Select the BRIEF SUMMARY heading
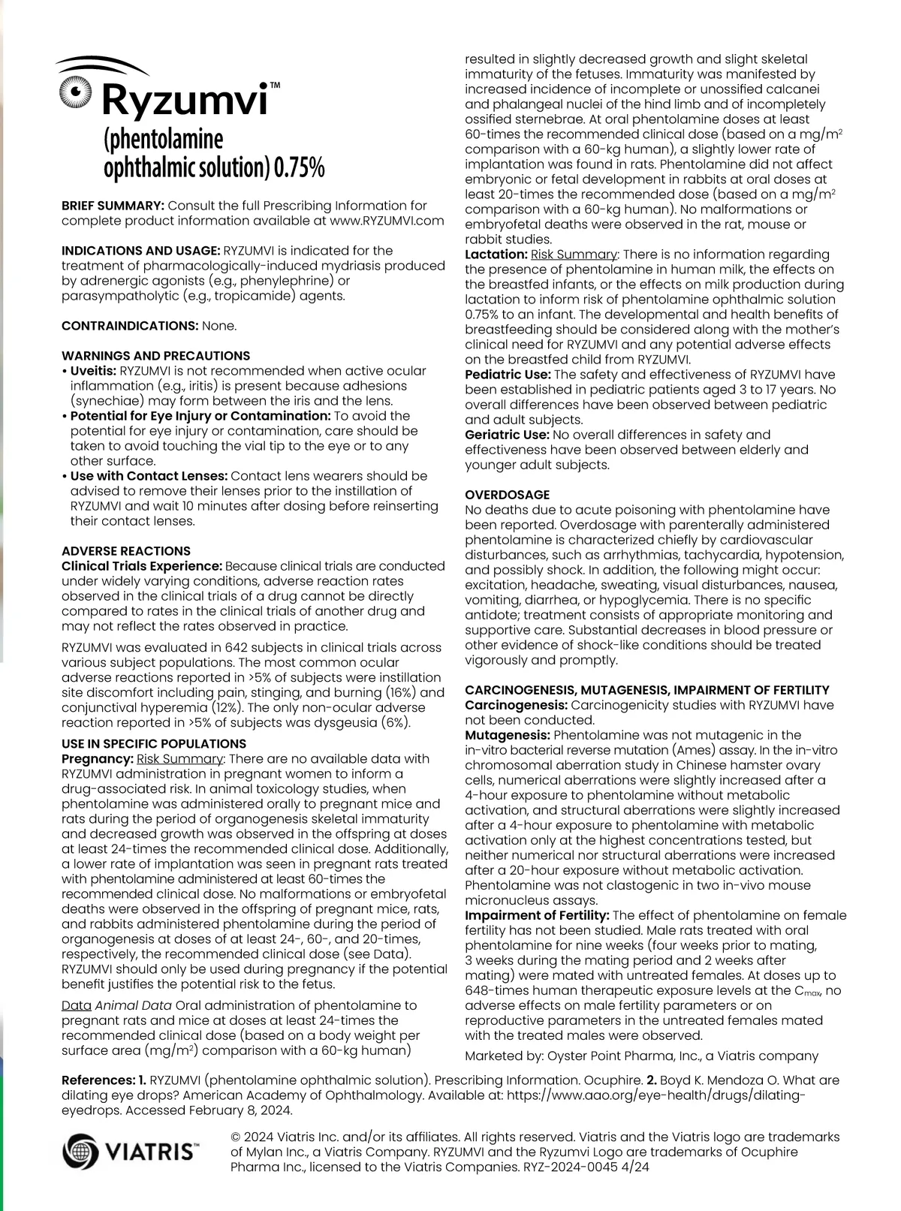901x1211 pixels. (x=113, y=206)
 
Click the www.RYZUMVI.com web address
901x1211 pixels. (x=387, y=221)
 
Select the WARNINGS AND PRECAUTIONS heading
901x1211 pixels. (x=156, y=356)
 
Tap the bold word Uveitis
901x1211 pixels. (x=93, y=371)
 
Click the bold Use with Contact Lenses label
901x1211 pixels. (x=149, y=476)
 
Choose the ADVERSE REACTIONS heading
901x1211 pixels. (x=126, y=551)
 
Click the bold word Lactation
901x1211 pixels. (x=496, y=255)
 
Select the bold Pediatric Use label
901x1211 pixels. (x=508, y=375)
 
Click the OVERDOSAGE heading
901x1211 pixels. (x=508, y=495)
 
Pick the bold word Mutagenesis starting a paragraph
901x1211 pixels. (x=507, y=735)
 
